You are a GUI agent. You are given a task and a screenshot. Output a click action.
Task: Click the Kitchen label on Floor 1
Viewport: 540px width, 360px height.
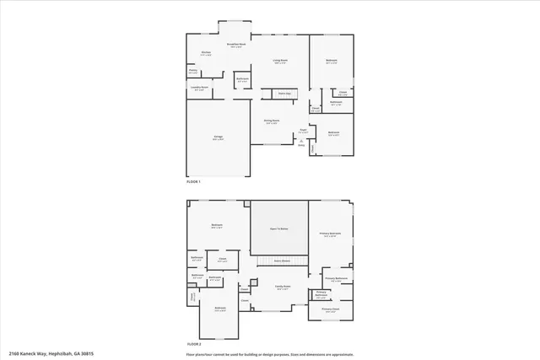point(206,53)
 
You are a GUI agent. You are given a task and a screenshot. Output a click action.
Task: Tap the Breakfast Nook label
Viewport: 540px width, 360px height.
point(236,45)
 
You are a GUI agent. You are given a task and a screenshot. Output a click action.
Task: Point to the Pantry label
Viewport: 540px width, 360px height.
point(193,72)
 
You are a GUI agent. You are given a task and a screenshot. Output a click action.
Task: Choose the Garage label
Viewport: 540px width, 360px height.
point(218,137)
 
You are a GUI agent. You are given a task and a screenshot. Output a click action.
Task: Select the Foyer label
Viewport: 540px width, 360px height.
point(302,131)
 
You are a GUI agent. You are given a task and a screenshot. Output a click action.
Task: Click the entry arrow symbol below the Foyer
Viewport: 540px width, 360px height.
point(302,140)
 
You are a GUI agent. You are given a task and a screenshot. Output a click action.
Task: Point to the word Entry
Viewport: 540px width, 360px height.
point(302,145)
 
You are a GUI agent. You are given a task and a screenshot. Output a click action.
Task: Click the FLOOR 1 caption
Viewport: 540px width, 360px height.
point(194,181)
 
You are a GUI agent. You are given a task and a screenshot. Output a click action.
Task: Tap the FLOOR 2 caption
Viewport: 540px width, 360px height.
point(194,344)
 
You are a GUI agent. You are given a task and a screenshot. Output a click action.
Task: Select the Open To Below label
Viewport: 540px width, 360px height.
point(279,228)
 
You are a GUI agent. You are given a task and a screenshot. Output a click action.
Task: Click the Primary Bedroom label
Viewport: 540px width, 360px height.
point(331,234)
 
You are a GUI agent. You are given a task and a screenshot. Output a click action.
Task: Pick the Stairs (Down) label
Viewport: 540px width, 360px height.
point(280,261)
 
